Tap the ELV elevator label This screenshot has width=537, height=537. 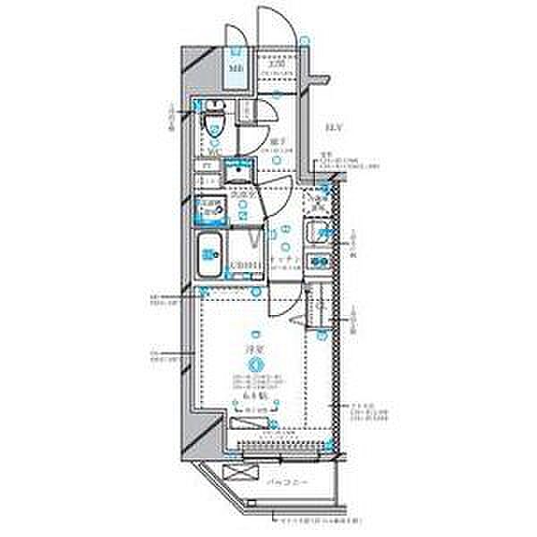pyautogui.click(x=333, y=127)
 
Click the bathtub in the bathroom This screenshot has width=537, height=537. pyautogui.click(x=212, y=255)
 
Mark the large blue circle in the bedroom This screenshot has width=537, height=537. pyautogui.click(x=256, y=363)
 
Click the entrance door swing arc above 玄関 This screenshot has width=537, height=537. pyautogui.click(x=274, y=31)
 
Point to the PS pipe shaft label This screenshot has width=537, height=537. pyautogui.click(x=207, y=166)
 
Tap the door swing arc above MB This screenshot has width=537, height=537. pyautogui.click(x=234, y=34)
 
